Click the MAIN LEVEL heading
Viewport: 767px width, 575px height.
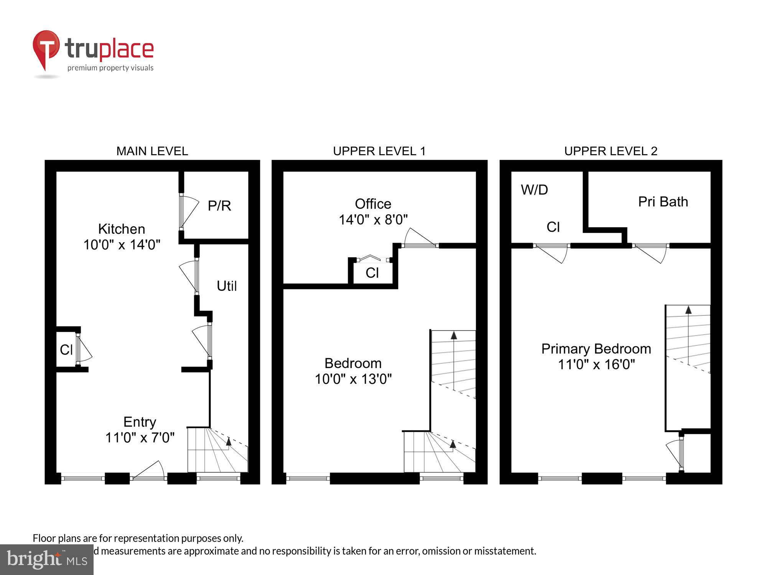click(x=152, y=151)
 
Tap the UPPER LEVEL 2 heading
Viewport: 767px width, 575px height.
click(x=611, y=151)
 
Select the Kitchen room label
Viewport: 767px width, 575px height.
click(x=122, y=229)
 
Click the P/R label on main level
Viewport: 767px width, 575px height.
click(x=219, y=206)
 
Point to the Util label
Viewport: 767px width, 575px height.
click(x=227, y=286)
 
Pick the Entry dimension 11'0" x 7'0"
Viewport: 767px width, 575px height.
click(x=140, y=437)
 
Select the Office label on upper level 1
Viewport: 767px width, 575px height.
click(x=373, y=204)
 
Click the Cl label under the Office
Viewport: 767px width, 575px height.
click(x=372, y=273)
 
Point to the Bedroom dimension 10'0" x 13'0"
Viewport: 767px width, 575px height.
click(x=353, y=379)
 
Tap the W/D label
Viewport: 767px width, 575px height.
click(x=534, y=190)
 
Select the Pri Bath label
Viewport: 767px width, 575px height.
click(x=663, y=202)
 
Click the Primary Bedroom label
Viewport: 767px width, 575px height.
click(x=596, y=349)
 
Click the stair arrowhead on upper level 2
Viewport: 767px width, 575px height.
click(x=688, y=310)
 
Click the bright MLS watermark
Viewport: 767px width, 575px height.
click(x=47, y=560)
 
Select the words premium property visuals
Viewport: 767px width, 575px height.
click(x=110, y=68)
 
